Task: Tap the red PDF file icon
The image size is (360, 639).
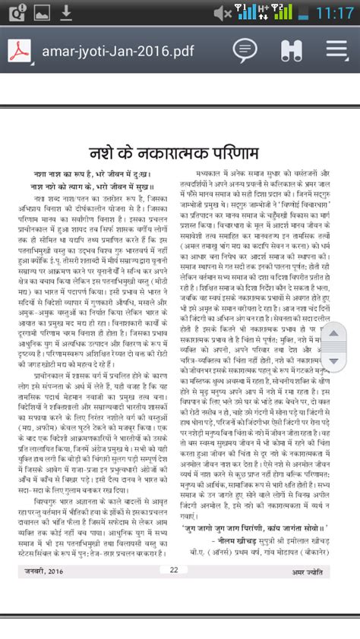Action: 20,50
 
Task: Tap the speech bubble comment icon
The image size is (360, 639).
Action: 244,50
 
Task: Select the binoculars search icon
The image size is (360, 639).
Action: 291,50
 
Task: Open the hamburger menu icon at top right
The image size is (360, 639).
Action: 337,50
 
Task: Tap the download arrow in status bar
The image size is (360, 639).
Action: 66,12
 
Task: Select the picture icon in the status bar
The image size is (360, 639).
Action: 42,12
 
